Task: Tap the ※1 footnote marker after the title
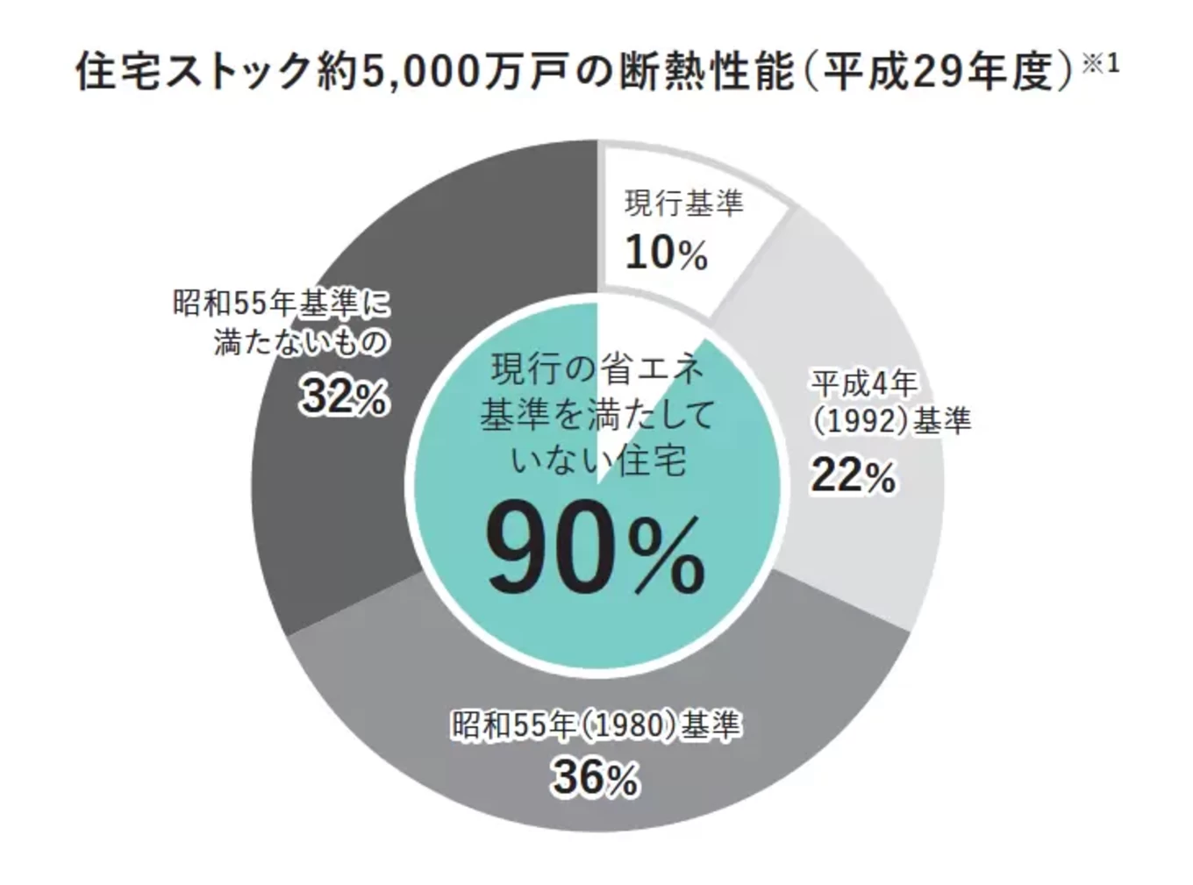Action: click(x=1101, y=63)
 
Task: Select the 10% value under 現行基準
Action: click(x=666, y=253)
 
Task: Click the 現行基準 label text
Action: click(x=683, y=203)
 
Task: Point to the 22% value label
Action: click(x=853, y=476)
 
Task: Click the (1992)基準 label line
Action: click(x=889, y=422)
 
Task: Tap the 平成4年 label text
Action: click(x=864, y=383)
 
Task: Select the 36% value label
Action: click(x=595, y=777)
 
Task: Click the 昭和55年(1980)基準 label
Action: click(x=596, y=725)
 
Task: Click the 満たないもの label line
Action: click(x=300, y=342)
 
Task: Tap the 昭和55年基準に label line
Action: click(x=281, y=304)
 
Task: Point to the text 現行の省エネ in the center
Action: click(x=597, y=369)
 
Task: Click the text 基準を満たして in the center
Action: click(x=597, y=415)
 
